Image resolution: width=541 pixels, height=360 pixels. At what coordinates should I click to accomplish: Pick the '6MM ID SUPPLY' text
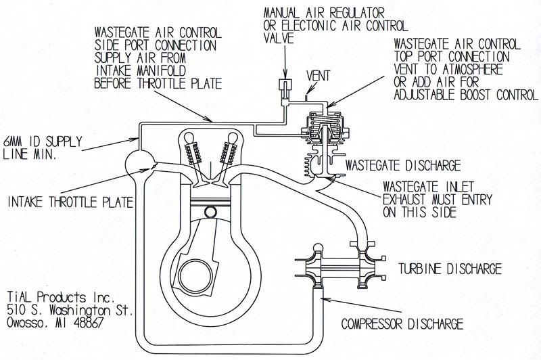(41, 140)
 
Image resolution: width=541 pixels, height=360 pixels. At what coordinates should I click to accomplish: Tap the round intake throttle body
(139, 163)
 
